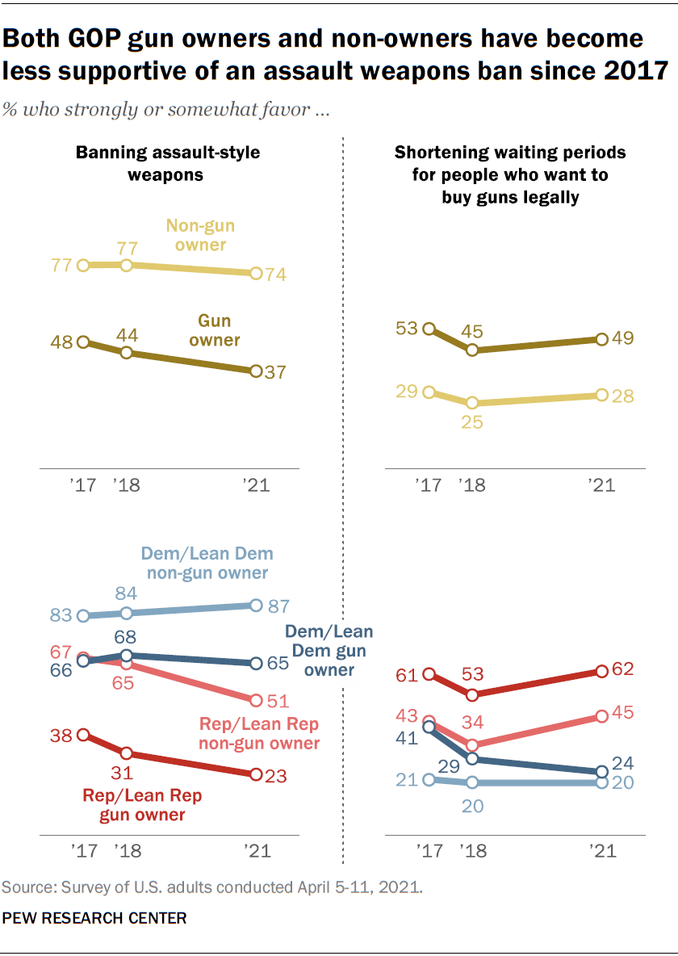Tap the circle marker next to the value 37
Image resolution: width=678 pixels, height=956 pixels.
pos(256,371)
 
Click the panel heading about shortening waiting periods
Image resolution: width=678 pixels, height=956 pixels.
pos(510,174)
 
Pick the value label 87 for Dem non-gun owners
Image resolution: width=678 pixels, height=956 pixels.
pos(278,606)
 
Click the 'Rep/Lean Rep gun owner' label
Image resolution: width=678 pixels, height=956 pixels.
pos(143,805)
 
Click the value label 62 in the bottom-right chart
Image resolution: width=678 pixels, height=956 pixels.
pos(623,669)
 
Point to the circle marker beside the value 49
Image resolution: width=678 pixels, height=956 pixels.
pos(601,339)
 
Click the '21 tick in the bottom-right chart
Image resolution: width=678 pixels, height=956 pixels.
pos(601,851)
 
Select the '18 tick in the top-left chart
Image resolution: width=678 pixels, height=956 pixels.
pos(127,485)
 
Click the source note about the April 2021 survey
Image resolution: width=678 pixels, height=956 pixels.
pos(211,887)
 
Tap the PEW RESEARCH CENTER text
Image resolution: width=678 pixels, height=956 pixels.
pos(95,918)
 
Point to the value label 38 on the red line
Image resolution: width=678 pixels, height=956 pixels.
pos(61,735)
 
